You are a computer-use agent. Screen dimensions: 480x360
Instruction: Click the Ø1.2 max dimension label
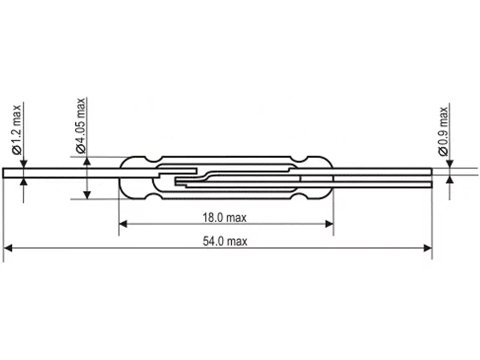tap(17, 130)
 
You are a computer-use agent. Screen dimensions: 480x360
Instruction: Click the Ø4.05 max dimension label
tap(80, 125)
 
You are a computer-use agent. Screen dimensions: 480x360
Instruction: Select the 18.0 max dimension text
tap(224, 218)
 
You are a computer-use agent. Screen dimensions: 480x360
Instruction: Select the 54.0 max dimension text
tap(225, 241)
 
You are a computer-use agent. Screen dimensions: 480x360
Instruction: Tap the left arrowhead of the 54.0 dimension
tap(7, 248)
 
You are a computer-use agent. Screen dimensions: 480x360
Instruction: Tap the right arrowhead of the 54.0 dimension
tap(428, 248)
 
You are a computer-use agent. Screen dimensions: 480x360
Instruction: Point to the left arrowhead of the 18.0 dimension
tap(123, 224)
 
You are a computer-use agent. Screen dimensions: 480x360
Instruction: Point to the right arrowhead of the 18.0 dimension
tap(329, 224)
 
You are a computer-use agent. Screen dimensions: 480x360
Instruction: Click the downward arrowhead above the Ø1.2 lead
tap(23, 164)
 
